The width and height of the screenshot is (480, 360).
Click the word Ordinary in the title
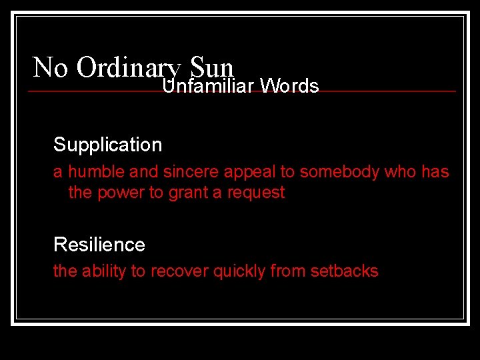128,68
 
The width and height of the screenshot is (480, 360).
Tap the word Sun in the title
212,67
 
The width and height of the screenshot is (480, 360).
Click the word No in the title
49,67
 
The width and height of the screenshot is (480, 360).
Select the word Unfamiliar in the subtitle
209,86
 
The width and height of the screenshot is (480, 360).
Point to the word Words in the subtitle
289,86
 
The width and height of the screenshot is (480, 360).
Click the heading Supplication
107,145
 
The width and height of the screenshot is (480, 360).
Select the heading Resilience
99,245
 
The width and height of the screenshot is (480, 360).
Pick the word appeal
250,172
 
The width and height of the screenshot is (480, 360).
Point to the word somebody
338,172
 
